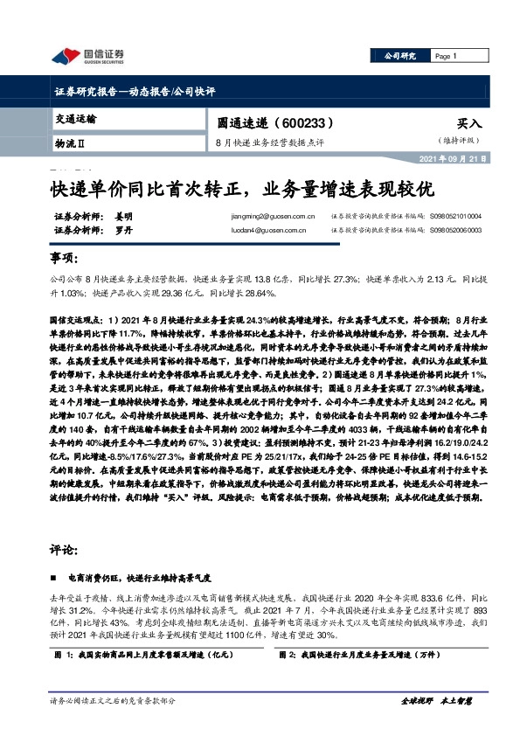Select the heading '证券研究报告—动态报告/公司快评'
tap(135, 92)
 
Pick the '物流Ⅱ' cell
tap(72, 141)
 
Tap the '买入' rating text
tap(469, 125)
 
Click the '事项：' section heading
tap(64, 260)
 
